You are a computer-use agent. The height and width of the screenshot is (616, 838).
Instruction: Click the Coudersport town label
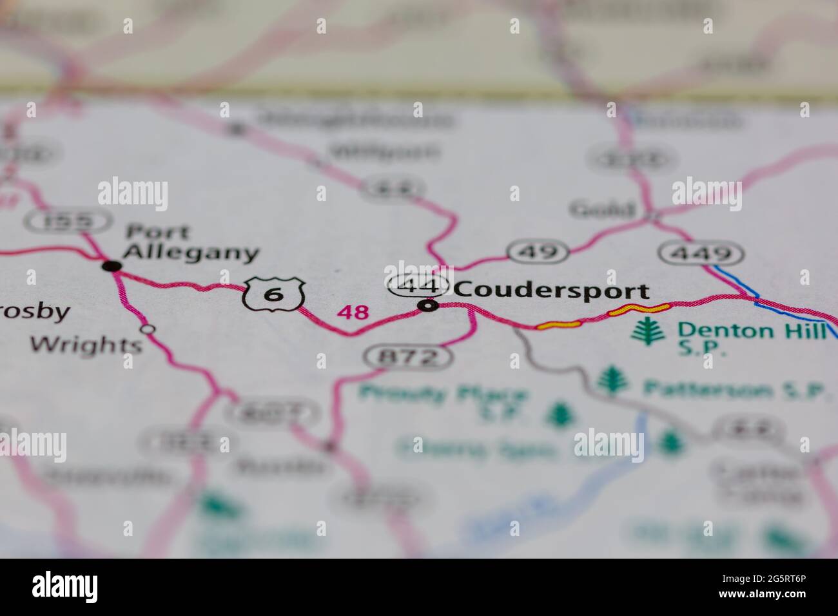pos(551,291)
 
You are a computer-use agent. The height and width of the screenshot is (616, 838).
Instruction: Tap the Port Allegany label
pos(190,242)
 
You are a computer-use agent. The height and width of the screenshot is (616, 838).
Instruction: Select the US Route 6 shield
pos(274,294)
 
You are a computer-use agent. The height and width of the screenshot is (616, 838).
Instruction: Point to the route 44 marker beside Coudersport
pos(418,284)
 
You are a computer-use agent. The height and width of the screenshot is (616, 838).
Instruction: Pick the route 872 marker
pos(409,356)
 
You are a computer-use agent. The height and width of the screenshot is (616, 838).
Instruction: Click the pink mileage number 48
pos(354,313)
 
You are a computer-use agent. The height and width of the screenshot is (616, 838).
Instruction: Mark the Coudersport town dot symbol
pos(428,305)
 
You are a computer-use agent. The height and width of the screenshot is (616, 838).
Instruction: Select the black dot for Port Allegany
pos(112,265)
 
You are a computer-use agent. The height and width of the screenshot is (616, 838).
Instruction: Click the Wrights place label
pos(86,345)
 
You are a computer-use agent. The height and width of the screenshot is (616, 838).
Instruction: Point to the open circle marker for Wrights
pos(148,329)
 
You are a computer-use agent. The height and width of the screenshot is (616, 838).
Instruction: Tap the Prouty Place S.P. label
pos(445,400)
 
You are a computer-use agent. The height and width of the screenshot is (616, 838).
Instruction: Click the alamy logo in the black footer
pos(65,587)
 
